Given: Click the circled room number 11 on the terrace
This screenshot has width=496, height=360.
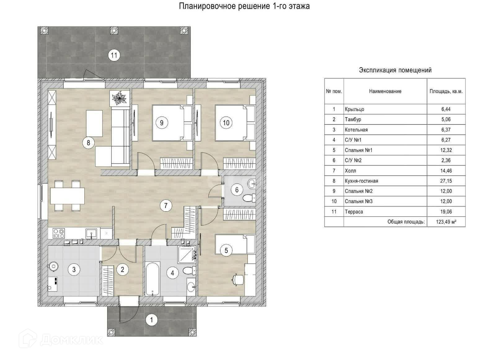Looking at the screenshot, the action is pos(114,55).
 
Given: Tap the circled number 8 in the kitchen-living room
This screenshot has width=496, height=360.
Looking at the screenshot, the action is pos(88,143).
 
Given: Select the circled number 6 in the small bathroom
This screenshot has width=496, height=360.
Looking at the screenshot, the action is pos(237,190).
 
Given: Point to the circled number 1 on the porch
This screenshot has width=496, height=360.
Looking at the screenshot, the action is pos(152,320).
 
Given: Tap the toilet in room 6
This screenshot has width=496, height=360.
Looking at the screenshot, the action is pos(249,198).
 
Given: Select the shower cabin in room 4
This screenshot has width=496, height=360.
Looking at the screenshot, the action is pos(187,255).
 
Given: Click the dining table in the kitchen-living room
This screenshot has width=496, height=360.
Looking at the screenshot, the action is pos(67,196).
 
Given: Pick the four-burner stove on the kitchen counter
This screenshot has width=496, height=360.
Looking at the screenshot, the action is pos(59,233).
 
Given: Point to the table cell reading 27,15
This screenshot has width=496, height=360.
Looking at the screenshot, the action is pos(446,181).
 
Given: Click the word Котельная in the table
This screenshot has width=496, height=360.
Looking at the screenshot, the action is pos(356,130).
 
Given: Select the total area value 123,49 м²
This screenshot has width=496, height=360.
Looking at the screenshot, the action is pos(446,222).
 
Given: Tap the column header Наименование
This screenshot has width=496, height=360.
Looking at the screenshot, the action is pos(385,91).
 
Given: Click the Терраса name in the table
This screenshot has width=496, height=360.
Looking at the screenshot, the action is pos(354,212).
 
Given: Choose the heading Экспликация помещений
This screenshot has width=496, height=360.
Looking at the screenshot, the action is pos(395,70).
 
